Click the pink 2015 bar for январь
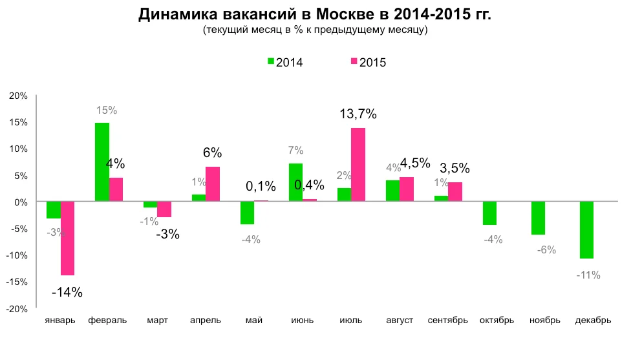[67, 238]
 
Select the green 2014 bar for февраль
[102, 162]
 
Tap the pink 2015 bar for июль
[358, 165]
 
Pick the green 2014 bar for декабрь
[586, 230]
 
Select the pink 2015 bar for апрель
[212, 184]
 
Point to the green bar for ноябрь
[538, 218]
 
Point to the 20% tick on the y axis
[18, 96]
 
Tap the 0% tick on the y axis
[21, 202]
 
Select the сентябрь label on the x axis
[447, 321]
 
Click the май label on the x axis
[253, 321]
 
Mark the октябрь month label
[497, 321]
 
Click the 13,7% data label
[358, 114]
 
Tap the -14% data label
[67, 292]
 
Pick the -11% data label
[588, 275]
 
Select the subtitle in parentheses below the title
[315, 30]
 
